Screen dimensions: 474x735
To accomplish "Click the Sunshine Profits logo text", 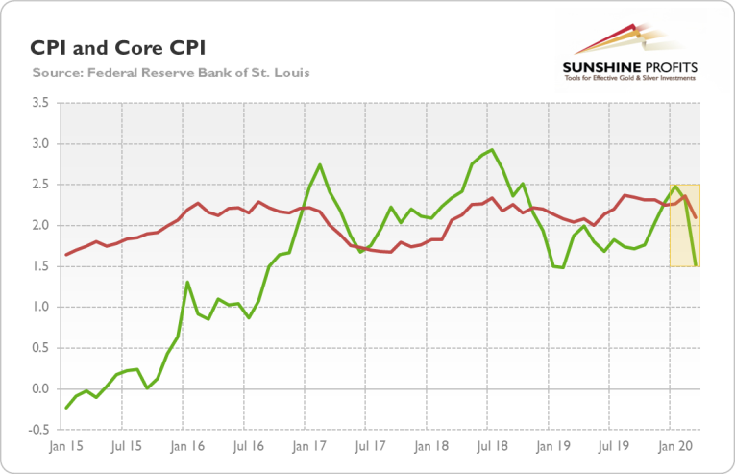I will [x=630, y=68].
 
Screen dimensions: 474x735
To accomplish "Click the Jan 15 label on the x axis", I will [x=65, y=446].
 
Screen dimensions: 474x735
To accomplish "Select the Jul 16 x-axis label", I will [x=248, y=446].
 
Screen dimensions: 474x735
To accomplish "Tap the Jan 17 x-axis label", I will [x=308, y=446].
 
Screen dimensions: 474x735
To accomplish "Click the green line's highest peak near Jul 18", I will [x=492, y=150].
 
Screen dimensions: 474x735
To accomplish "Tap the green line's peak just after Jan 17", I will [x=320, y=165].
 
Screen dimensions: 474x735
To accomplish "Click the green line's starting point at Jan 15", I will [x=65, y=408].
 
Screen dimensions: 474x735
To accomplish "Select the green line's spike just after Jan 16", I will [x=187, y=283].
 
